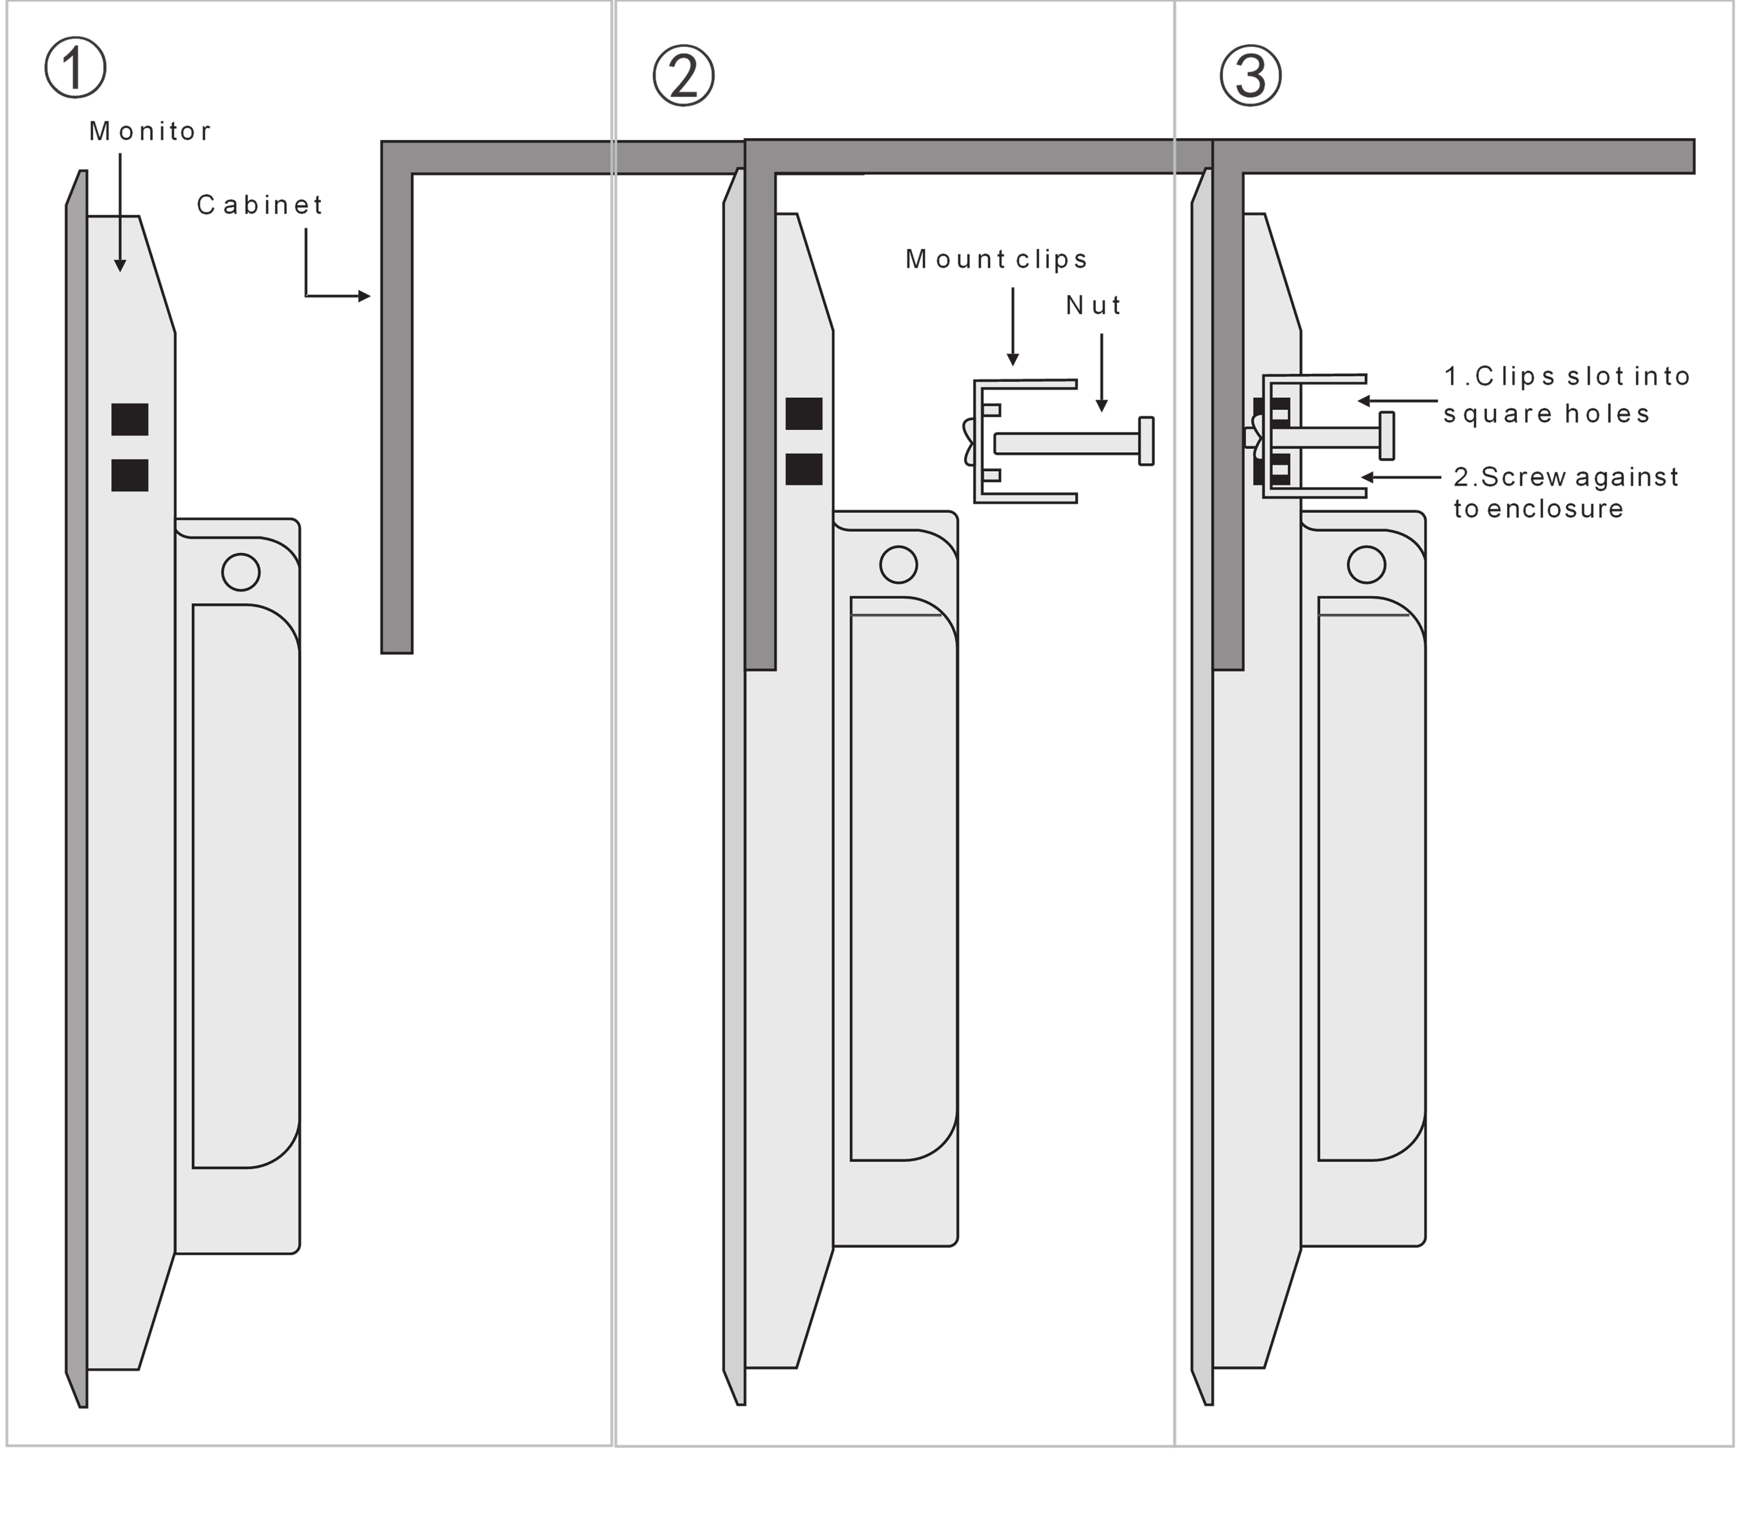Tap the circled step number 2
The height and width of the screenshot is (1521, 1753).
pyautogui.click(x=684, y=76)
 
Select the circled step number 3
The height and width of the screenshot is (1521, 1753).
pyautogui.click(x=1251, y=76)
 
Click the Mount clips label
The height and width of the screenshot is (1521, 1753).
pyautogui.click(x=997, y=259)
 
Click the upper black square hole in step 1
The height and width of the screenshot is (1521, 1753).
pyautogui.click(x=130, y=419)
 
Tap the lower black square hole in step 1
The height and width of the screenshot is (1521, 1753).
pyautogui.click(x=130, y=475)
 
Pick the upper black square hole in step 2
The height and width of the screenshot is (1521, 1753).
pyautogui.click(x=804, y=414)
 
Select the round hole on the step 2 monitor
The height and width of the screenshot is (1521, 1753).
pyautogui.click(x=898, y=564)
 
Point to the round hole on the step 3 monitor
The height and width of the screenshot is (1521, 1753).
pyautogui.click(x=1366, y=564)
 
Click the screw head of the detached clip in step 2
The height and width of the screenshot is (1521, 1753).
pyautogui.click(x=1146, y=440)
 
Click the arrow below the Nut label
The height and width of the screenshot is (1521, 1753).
pyautogui.click(x=1102, y=373)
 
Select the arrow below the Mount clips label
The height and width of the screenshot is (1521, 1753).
pyautogui.click(x=1013, y=327)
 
